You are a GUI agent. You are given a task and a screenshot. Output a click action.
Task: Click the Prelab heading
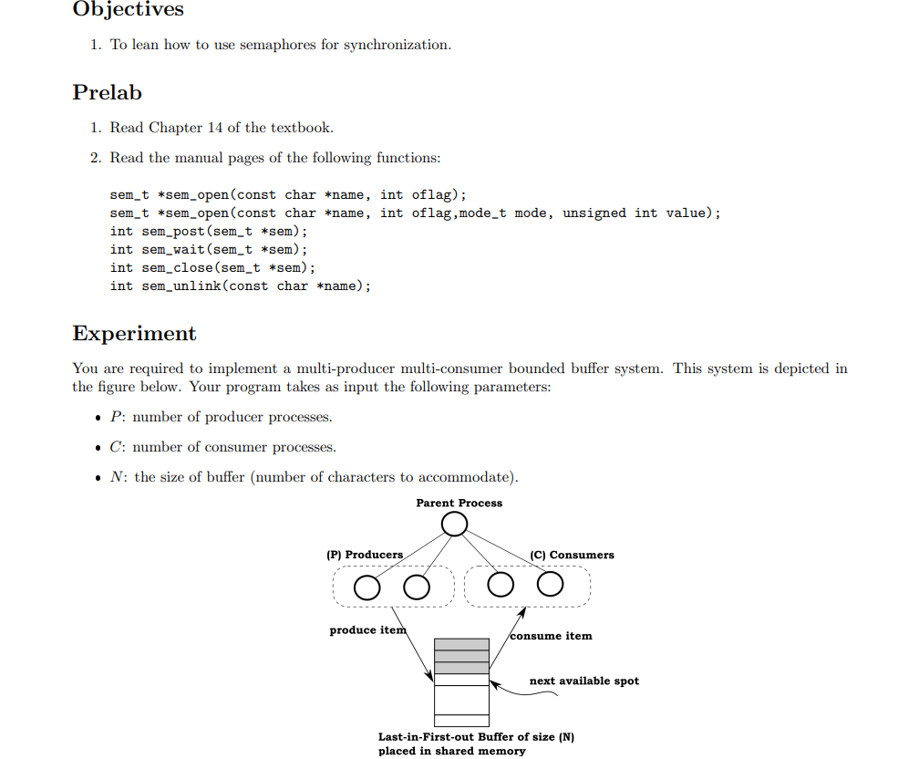point(107,92)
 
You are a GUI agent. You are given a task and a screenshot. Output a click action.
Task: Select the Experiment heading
point(134,333)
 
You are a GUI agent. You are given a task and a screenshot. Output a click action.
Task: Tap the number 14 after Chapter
point(215,128)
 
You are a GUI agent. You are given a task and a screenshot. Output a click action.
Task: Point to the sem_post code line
point(209,231)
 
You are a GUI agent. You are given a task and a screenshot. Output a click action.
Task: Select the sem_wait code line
point(209,249)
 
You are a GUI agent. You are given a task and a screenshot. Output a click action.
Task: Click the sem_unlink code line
point(241,286)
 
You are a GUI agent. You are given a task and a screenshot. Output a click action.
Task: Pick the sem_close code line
point(212,267)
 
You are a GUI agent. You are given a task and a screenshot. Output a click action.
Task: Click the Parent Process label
point(459,503)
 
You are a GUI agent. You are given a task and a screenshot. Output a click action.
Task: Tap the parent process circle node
point(454,525)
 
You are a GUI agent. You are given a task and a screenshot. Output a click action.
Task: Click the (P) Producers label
point(365,555)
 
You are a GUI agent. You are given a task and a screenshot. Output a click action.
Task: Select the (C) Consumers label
point(572,555)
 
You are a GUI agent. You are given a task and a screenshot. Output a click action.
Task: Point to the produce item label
point(367,630)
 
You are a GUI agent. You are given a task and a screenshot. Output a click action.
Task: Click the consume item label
point(551,636)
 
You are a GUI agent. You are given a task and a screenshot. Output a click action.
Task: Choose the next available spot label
point(583,681)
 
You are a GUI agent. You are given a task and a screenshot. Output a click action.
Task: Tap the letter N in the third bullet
point(117,477)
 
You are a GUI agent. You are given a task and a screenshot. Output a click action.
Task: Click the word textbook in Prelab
point(303,128)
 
